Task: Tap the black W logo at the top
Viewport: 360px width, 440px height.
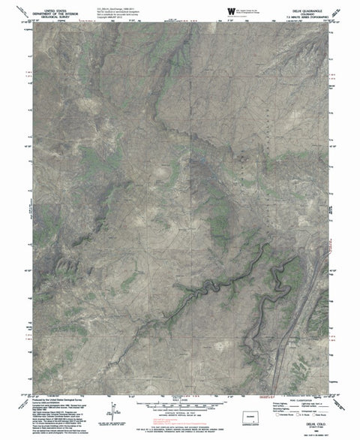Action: [x=229, y=9]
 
